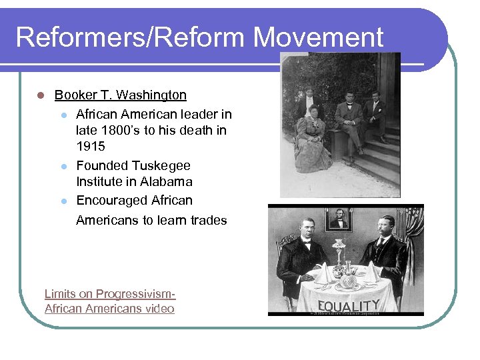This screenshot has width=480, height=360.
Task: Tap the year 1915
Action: [91, 146]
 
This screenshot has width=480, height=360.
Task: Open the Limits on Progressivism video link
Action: [109, 301]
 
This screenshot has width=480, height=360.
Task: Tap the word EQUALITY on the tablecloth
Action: [348, 306]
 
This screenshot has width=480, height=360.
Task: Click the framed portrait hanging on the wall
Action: [339, 220]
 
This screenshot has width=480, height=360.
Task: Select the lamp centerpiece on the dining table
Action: [342, 257]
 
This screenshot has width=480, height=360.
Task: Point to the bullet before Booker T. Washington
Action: [41, 95]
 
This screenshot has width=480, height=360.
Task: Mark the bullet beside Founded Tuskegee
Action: [64, 166]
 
